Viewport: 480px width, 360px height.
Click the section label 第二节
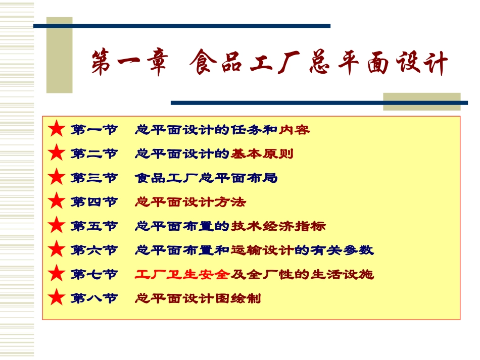(94, 153)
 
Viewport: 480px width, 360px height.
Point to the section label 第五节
(94, 226)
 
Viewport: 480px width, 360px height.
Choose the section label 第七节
(94, 274)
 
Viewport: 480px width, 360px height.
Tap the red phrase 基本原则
(262, 153)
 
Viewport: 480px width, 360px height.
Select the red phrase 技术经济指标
(278, 226)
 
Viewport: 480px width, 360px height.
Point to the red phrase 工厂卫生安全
(182, 274)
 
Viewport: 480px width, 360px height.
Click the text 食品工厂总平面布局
(206, 178)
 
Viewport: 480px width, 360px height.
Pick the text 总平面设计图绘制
(198, 298)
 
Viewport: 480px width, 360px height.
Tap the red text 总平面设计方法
(190, 202)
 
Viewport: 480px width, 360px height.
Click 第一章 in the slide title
(129, 65)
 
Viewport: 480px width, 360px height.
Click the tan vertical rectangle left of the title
(59, 56)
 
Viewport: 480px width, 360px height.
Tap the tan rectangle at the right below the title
(421, 101)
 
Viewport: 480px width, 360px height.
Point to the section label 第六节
(94, 250)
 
